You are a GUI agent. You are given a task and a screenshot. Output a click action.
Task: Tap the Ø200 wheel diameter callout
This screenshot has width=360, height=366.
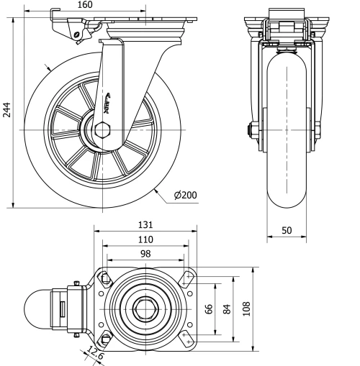[x=185, y=196]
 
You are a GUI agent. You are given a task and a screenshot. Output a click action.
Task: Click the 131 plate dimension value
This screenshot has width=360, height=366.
[x=145, y=225]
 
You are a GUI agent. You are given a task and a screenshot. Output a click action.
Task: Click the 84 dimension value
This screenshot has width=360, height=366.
[x=227, y=309]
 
